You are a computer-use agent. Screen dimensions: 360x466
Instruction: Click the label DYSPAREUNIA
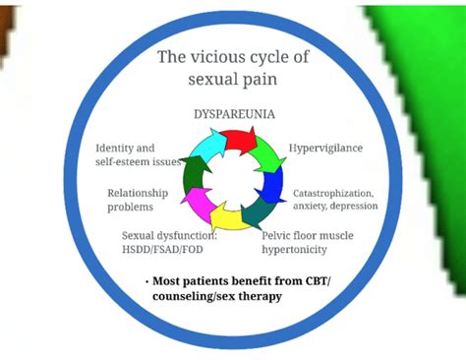(x=233, y=114)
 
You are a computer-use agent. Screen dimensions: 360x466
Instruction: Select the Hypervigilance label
(x=325, y=148)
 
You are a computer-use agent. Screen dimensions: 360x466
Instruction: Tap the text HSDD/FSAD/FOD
(x=162, y=251)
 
